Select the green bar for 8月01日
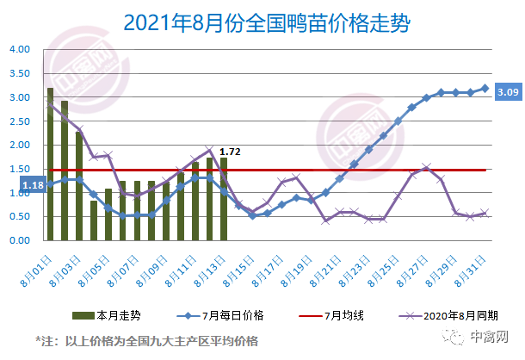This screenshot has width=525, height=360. (x=50, y=164)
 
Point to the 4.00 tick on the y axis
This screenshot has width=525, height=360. (x=20, y=49)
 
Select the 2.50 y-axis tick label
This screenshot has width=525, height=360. (x=20, y=121)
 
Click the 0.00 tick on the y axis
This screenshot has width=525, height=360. (x=20, y=241)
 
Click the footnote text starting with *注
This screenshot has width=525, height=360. (x=146, y=341)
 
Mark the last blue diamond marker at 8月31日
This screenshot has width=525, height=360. (x=485, y=88)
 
